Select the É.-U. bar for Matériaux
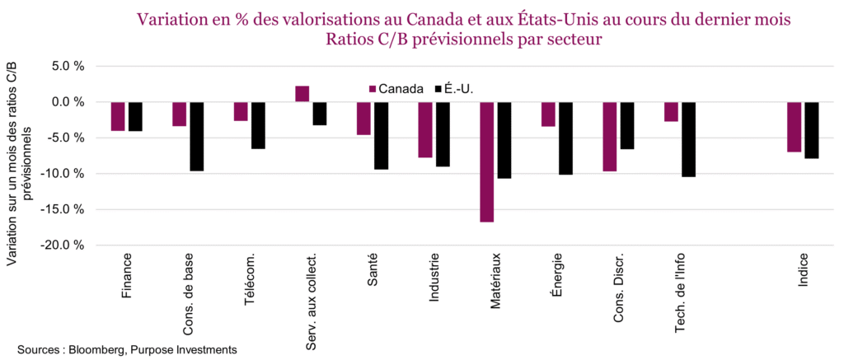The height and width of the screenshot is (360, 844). pos(504,139)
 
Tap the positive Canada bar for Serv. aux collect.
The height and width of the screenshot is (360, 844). pos(302,94)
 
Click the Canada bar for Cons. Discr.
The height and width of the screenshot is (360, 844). pos(609,136)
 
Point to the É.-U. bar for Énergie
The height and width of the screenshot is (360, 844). pos(565,138)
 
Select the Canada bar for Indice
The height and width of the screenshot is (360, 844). pos(794,127)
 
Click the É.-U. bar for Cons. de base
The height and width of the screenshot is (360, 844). pos(196,136)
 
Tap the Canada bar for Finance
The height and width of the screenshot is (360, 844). pos(118,116)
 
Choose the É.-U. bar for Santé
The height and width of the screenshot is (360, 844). pos(381,135)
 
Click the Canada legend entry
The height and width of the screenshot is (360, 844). pos(396,88)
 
